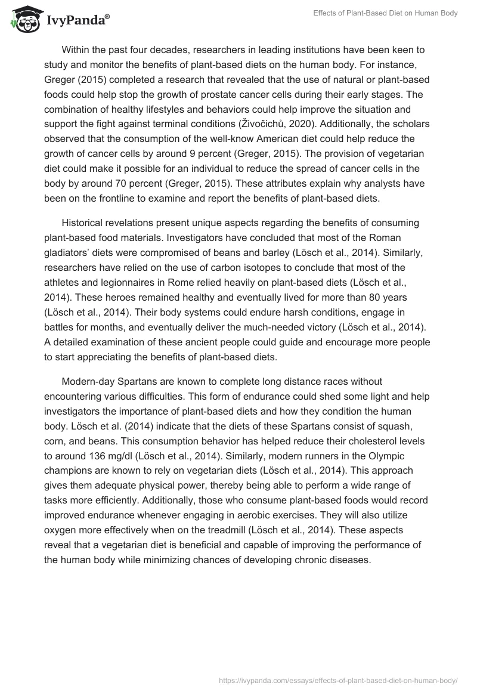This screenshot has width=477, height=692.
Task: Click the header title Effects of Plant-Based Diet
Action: coord(385,13)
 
